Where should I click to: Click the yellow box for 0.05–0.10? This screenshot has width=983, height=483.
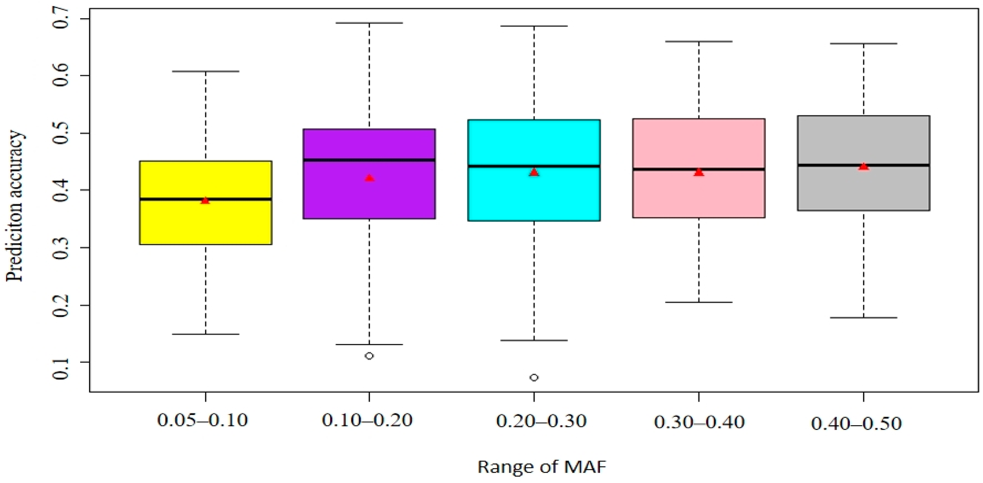point(205,221)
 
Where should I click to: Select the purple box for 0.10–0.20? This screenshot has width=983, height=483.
point(369,199)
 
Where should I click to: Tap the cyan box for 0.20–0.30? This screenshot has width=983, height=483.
point(534,195)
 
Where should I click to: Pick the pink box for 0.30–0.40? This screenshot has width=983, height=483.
point(699,195)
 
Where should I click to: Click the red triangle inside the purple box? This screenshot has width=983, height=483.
point(369,178)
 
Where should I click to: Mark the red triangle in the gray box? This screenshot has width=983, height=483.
point(864,166)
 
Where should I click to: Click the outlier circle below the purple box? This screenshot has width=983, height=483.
point(369,356)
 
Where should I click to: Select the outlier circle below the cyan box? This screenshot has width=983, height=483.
point(534,378)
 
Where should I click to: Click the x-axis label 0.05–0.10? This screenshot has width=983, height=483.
point(203,420)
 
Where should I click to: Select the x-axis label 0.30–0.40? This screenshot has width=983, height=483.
point(699,422)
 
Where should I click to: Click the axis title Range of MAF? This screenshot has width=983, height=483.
point(542,467)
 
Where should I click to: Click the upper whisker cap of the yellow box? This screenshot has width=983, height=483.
point(205,72)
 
